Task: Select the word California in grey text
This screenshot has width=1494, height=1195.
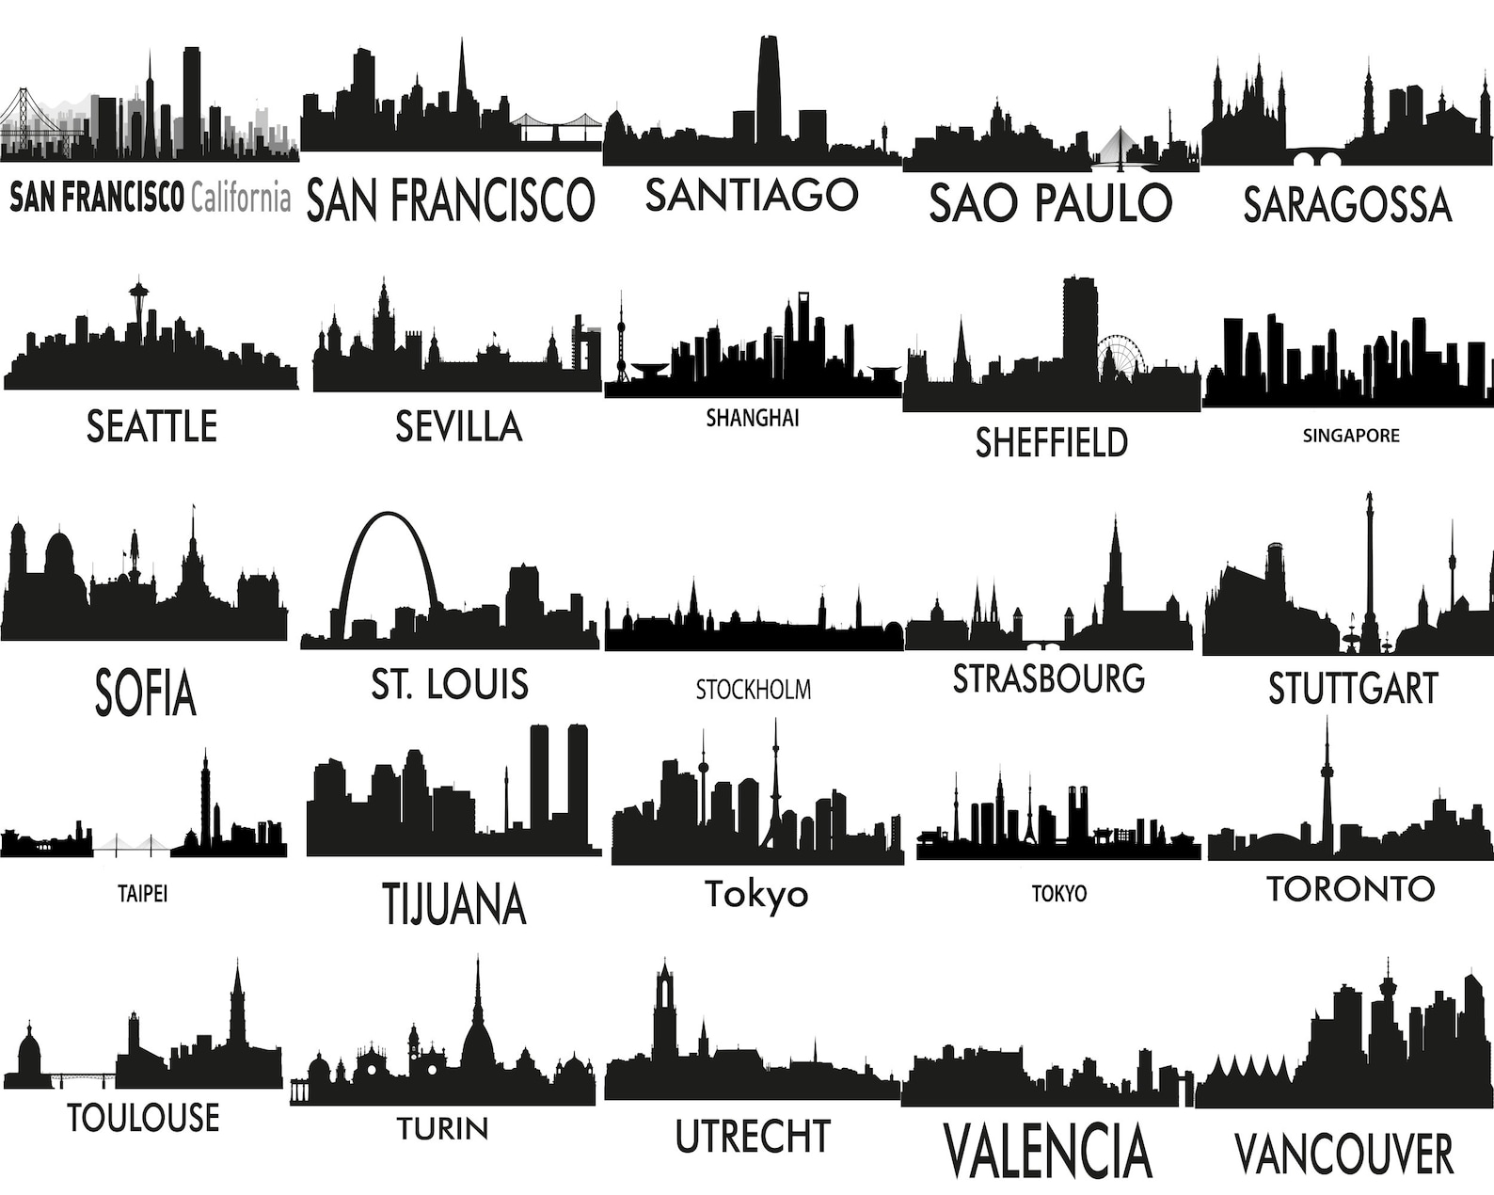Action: tap(240, 198)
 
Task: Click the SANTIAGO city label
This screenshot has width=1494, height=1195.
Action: tap(752, 195)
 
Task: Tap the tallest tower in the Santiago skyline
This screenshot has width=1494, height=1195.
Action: tap(768, 89)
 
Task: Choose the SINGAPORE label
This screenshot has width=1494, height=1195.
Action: tap(1351, 436)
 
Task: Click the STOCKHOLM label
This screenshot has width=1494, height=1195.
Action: tap(753, 690)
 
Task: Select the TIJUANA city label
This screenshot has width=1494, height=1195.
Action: tap(454, 903)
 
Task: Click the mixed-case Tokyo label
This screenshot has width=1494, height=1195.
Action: tap(756, 894)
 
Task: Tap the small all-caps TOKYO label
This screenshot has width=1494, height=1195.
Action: tap(1059, 893)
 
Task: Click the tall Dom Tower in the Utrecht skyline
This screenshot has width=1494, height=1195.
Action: tap(665, 1007)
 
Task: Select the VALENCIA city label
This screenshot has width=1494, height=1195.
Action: tap(1047, 1150)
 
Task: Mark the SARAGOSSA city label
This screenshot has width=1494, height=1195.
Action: tap(1347, 204)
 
